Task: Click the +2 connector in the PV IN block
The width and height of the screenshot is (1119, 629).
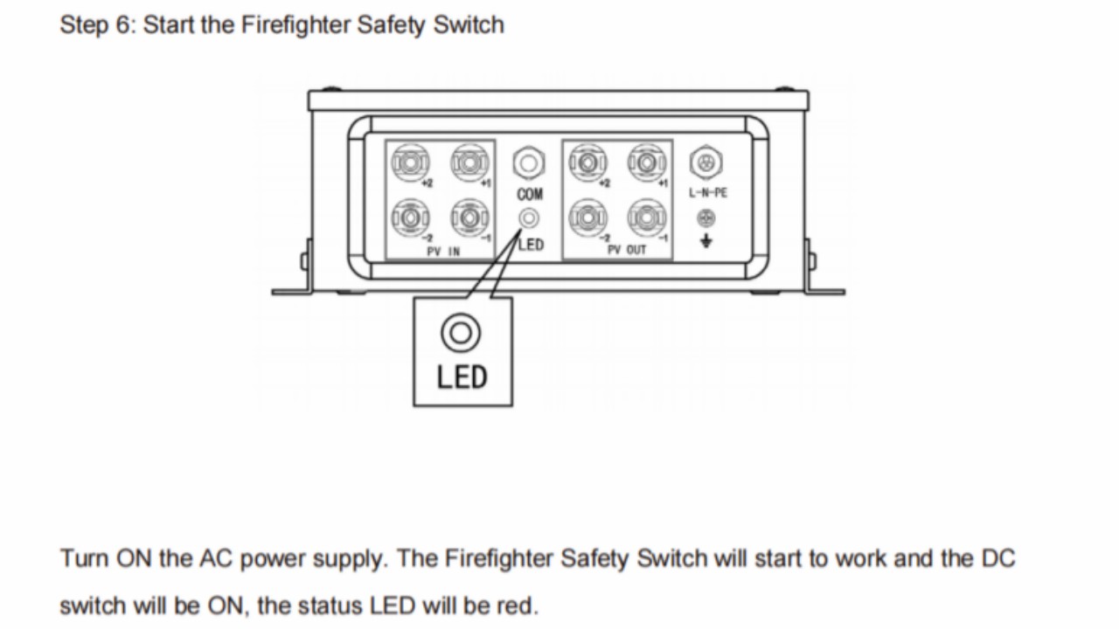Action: click(x=410, y=162)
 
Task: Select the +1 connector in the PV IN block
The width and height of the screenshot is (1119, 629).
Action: click(x=469, y=162)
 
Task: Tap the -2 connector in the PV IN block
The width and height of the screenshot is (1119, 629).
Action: click(x=410, y=218)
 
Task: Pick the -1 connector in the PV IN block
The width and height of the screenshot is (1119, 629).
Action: click(x=469, y=218)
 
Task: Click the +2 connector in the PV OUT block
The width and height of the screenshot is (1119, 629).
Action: click(x=588, y=162)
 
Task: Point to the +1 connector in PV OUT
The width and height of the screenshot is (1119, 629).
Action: click(x=648, y=162)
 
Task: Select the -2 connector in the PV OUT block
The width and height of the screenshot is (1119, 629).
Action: click(x=588, y=218)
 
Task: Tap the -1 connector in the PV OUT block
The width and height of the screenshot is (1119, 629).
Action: click(x=648, y=218)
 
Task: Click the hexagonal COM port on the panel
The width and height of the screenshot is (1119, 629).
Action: click(x=529, y=162)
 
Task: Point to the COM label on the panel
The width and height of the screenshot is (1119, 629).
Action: click(x=530, y=194)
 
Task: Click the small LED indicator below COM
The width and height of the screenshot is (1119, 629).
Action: click(x=529, y=218)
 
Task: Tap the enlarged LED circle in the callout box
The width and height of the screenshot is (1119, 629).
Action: click(x=461, y=333)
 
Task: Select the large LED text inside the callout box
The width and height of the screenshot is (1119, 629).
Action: click(x=462, y=377)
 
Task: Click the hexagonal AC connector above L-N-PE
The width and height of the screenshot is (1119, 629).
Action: click(x=705, y=162)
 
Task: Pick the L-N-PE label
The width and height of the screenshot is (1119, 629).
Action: click(x=708, y=193)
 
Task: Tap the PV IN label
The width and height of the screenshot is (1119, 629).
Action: click(x=443, y=251)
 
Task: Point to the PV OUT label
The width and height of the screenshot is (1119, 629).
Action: click(x=627, y=250)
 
